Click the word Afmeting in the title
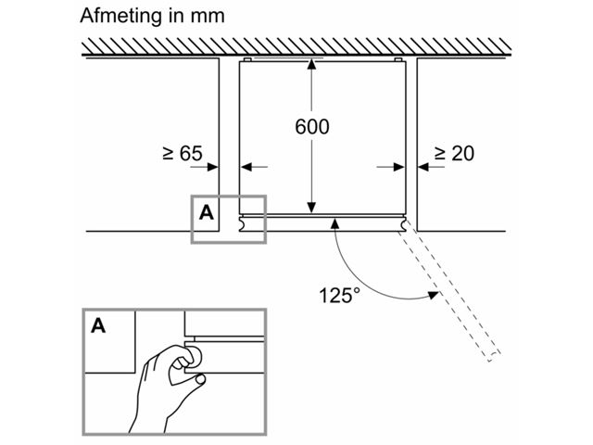click(116, 16)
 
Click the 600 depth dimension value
click(312, 127)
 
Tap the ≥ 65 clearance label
click(182, 153)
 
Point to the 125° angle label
click(337, 295)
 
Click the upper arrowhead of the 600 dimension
click(312, 67)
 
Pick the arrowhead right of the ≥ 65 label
click(213, 168)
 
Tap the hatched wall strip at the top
click(296, 45)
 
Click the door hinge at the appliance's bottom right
click(403, 223)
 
